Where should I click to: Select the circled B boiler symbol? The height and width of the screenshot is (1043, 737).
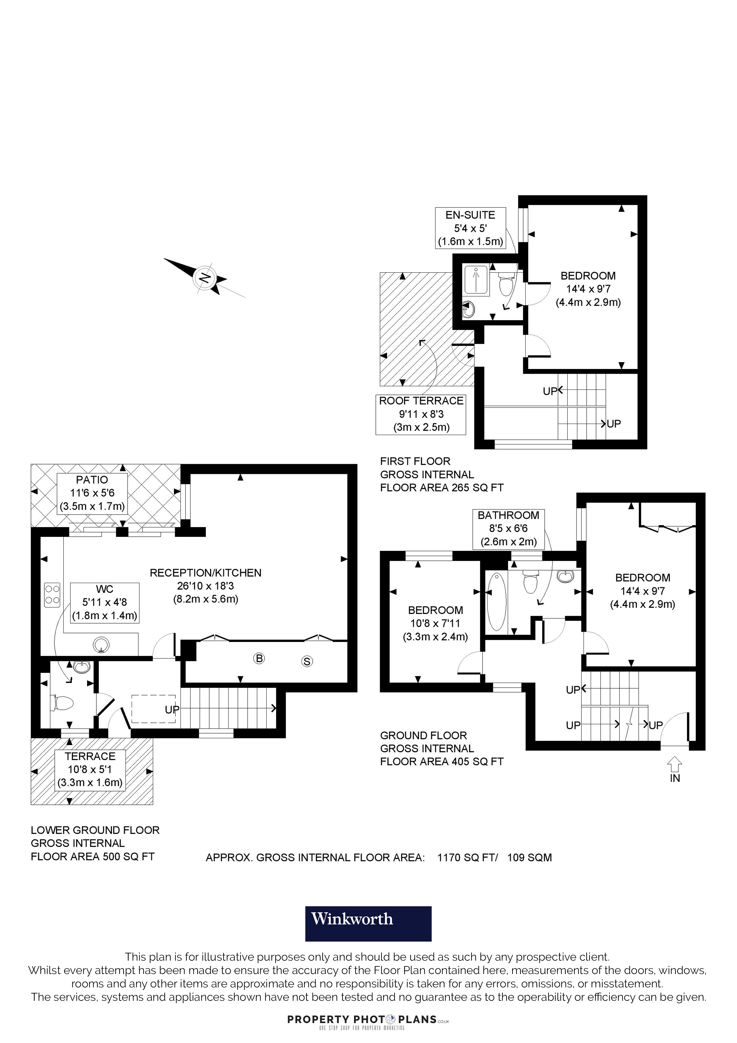[259, 658]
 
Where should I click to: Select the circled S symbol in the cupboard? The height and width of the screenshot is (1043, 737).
[307, 662]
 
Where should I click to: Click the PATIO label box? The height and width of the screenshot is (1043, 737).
[92, 493]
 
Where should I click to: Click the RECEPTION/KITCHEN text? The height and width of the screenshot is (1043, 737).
[206, 573]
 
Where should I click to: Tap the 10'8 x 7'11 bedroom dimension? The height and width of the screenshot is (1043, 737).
[435, 623]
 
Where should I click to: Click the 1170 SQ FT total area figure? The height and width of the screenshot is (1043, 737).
[467, 858]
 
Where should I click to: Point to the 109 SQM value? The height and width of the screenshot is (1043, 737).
[529, 858]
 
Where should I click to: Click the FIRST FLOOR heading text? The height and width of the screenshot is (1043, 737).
[415, 461]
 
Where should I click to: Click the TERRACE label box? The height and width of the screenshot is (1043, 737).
[90, 769]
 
